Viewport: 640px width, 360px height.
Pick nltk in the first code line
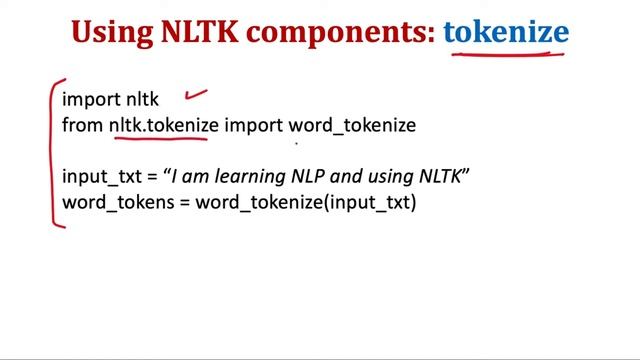(141, 99)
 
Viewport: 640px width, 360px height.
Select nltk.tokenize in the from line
(163, 125)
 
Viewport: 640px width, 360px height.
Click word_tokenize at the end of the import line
(352, 125)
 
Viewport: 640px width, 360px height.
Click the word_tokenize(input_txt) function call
(305, 203)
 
